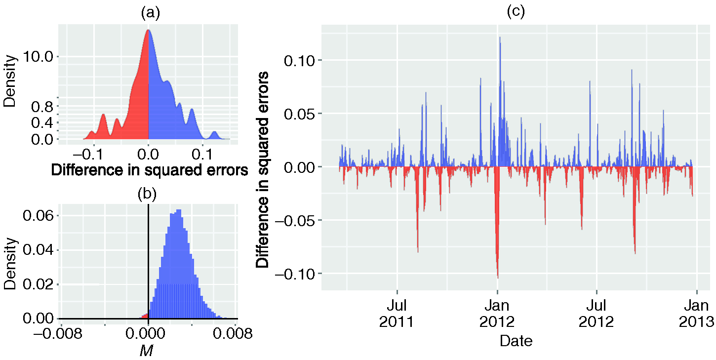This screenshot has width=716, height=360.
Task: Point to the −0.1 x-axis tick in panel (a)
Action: click(88, 154)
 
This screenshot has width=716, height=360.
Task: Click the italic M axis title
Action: click(147, 350)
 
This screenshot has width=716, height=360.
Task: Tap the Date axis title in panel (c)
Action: click(516, 341)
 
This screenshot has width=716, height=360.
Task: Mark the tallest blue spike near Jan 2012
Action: click(500, 39)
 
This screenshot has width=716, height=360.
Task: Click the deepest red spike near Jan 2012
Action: click(497, 277)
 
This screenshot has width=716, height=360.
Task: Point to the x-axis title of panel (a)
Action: click(149, 170)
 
